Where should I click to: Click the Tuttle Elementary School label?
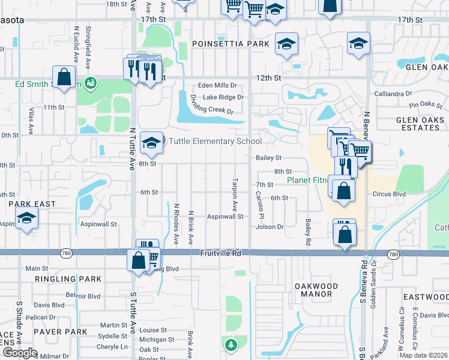tap(215, 142)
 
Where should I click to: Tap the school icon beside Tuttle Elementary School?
tap(151, 143)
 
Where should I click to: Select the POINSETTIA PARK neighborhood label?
tap(231, 44)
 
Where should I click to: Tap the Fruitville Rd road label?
tap(220, 254)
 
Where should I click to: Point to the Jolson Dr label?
tap(270, 227)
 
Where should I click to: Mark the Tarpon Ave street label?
tap(235, 193)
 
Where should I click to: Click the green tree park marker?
tap(231, 345)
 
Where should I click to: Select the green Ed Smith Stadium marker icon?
tap(91, 82)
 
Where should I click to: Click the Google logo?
tap(20, 353)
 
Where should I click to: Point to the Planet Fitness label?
tap(307, 180)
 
